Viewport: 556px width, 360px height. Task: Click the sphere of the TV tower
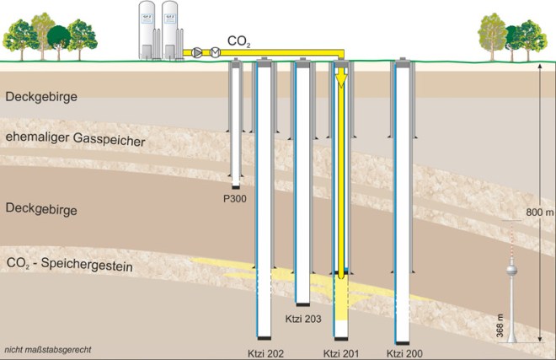coord(510,272)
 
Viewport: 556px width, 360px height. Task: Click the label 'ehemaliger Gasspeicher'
coord(75,139)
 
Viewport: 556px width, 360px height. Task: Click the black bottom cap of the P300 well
coord(237,185)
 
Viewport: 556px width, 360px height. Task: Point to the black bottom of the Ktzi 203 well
coord(302,302)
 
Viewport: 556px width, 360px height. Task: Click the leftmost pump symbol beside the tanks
coord(198,52)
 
